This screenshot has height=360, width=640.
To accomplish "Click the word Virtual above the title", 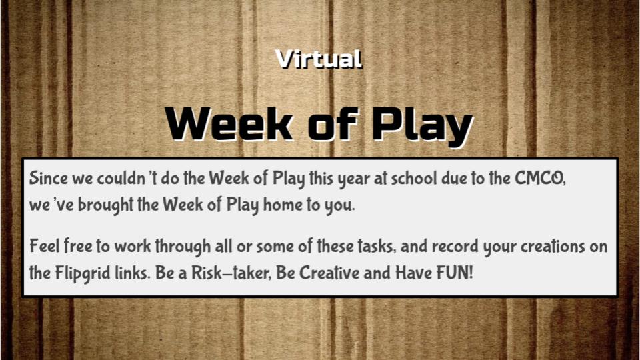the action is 319,59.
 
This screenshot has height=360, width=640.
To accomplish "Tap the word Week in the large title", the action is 229,124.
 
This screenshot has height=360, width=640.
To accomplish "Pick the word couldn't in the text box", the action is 127,178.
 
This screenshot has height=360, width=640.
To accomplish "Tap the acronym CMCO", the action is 540,179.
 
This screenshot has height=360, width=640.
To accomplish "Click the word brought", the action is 105,205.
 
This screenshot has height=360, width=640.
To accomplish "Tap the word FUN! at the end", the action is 455,273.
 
